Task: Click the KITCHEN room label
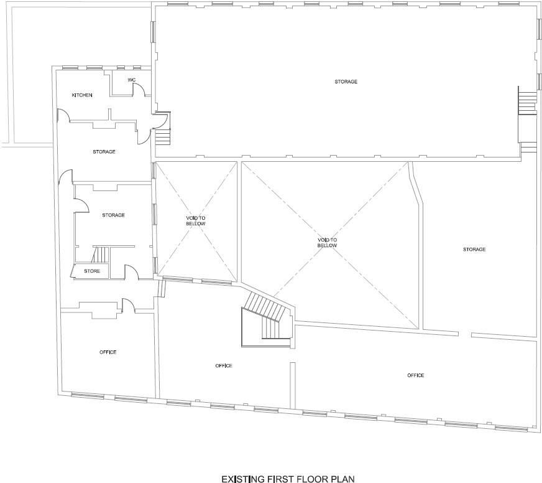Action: tap(82, 95)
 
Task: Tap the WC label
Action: tap(132, 80)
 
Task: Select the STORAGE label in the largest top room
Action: tap(346, 82)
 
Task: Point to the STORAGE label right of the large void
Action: tap(474, 249)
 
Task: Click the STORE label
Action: tap(92, 271)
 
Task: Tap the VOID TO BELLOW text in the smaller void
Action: tap(195, 220)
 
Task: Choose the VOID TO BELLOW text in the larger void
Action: tap(327, 242)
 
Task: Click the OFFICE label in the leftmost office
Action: tap(108, 352)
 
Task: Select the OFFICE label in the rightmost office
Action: tap(415, 375)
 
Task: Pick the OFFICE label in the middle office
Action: tap(224, 365)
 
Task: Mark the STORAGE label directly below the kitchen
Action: tap(104, 151)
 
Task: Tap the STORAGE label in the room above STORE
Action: tap(113, 215)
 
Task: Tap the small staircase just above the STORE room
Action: tap(99, 255)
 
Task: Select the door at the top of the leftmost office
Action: tap(128, 305)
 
